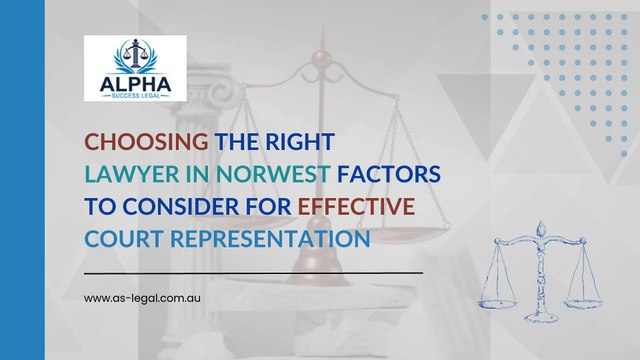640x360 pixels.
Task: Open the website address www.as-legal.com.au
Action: (x=145, y=298)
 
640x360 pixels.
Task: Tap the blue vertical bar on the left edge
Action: (x=22, y=180)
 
